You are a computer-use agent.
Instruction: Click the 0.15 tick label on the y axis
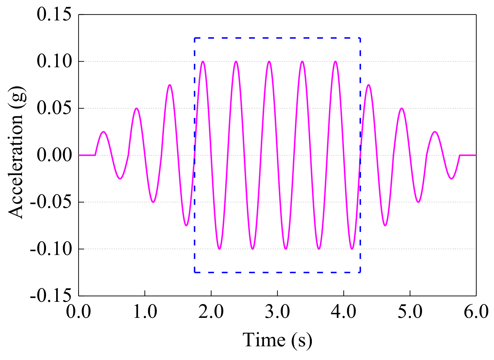pos(54,14)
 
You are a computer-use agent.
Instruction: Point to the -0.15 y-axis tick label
pos(51,295)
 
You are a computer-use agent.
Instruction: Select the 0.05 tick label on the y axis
pos(54,108)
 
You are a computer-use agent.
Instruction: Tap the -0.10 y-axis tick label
pos(51,249)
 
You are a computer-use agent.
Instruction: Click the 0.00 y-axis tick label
pos(54,155)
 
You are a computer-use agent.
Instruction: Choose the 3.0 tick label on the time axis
pos(277,311)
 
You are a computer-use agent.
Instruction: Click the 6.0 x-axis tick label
pos(476,311)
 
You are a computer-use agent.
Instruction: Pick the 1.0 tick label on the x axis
pos(145,311)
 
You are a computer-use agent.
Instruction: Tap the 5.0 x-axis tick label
pos(410,311)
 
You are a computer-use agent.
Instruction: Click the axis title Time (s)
pos(277,340)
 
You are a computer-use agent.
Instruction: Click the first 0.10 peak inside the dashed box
pos(203,62)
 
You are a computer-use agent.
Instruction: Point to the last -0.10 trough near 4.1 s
pos(352,249)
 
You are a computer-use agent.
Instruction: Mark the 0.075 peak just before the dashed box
pos(169,85)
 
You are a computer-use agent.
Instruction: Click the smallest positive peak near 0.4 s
pos(104,132)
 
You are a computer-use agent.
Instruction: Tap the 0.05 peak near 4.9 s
pos(401,108)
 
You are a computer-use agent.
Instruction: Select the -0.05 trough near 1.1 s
pos(153,202)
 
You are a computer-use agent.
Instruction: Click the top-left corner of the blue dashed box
pos(195,38)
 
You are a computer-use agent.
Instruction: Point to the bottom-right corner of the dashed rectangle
pos(360,272)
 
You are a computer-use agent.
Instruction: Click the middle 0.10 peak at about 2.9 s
pos(269,62)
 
